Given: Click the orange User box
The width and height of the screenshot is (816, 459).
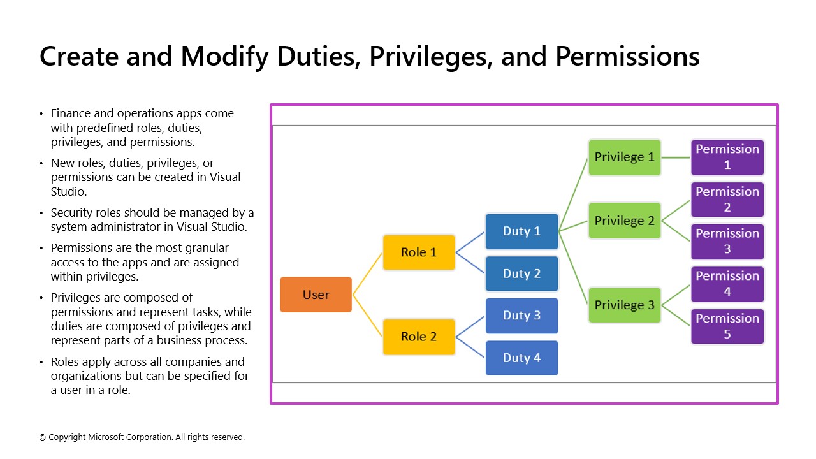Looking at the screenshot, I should [x=316, y=295].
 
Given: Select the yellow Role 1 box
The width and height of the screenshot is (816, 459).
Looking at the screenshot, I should [x=419, y=252].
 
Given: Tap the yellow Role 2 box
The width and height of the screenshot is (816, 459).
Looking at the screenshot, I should [x=419, y=337].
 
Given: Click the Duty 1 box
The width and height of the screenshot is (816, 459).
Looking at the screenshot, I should [x=521, y=231].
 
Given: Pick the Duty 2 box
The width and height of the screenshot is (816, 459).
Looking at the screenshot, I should [x=521, y=273].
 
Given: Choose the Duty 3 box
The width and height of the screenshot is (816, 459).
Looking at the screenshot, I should [x=521, y=316].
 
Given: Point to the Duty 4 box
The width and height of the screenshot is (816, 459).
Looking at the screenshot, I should [x=521, y=358].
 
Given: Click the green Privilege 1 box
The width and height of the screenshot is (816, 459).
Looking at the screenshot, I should [x=624, y=157].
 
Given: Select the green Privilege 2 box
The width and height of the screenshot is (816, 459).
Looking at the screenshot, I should [x=624, y=221].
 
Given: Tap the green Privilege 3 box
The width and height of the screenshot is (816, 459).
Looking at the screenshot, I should [x=624, y=305].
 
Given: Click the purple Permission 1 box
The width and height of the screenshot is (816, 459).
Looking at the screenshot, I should [x=727, y=157].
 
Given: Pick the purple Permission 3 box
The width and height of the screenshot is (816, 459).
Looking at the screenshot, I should [x=727, y=242].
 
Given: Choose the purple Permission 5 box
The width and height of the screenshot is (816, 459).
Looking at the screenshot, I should [x=727, y=326].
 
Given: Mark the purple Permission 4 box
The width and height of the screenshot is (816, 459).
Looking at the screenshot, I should [x=727, y=284].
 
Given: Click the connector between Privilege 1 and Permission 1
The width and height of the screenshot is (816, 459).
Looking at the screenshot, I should [x=676, y=157].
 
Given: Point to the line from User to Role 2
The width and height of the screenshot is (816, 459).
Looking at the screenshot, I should [x=367, y=316].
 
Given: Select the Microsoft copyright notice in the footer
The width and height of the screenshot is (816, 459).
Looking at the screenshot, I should [x=142, y=437].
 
